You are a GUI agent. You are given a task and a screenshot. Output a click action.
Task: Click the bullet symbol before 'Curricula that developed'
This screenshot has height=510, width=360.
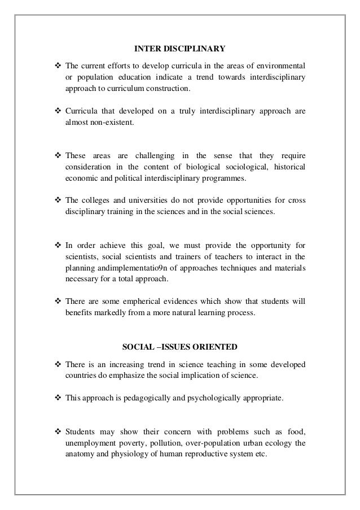tap(58, 111)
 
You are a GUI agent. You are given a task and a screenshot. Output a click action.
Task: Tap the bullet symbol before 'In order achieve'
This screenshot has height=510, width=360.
tap(58, 245)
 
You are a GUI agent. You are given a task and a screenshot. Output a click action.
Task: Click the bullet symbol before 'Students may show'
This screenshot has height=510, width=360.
tap(58, 431)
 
